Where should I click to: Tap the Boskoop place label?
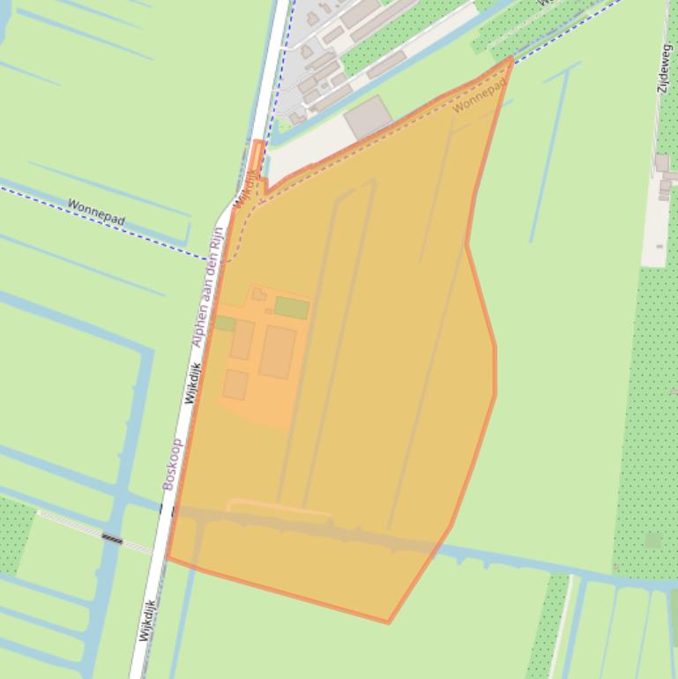(172, 464)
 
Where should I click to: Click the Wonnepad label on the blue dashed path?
(96, 212)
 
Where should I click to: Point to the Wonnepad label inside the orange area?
(480, 96)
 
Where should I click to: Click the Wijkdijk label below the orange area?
(146, 620)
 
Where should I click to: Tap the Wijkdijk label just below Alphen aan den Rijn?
(193, 384)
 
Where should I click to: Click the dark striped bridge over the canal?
(112, 537)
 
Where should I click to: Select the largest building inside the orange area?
(277, 352)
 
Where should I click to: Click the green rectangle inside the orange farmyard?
(291, 308)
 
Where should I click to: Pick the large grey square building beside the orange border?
(369, 117)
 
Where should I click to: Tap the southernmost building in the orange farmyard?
(235, 384)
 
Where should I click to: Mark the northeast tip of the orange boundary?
(511, 58)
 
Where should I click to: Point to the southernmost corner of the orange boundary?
(388, 623)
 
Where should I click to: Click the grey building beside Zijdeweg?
(662, 163)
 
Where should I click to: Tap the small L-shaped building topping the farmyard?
(258, 294)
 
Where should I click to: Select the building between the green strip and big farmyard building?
(242, 339)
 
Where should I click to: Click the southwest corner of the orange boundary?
(168, 558)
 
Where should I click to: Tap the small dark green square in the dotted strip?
(653, 540)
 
